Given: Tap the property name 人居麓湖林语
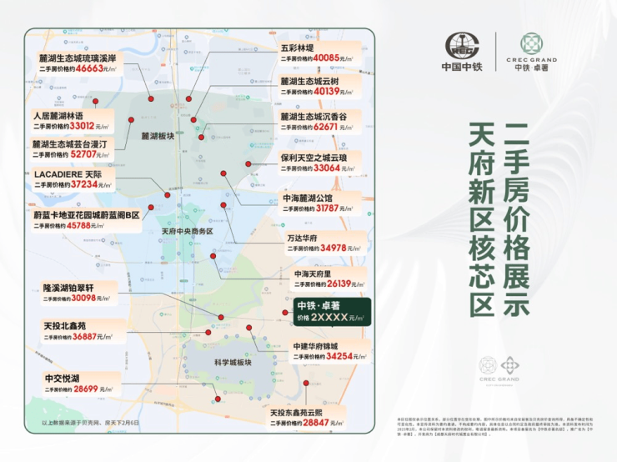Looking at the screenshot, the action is (x=58, y=115).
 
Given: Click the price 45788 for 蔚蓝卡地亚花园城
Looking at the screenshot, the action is (x=90, y=226).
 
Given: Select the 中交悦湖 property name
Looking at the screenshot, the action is (x=63, y=378).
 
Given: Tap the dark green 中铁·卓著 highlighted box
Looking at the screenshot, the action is (x=327, y=311).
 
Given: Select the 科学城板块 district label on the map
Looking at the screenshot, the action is (x=233, y=362).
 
